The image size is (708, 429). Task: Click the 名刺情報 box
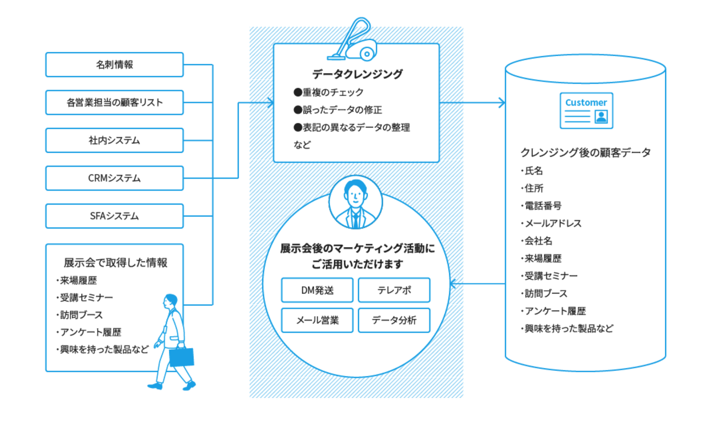(x=114, y=65)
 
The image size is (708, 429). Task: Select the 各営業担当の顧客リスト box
(x=114, y=103)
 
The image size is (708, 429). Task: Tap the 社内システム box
(x=114, y=140)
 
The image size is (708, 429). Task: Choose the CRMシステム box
(x=114, y=178)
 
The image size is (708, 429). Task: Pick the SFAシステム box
(x=114, y=216)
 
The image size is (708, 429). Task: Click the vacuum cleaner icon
(x=354, y=42)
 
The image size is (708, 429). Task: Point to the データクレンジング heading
(x=357, y=74)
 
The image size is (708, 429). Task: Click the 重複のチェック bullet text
(x=332, y=92)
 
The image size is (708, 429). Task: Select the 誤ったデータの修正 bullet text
(x=342, y=110)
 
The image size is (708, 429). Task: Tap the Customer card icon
(x=586, y=111)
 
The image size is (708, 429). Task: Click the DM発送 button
(x=317, y=290)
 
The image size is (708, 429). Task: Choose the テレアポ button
(x=394, y=290)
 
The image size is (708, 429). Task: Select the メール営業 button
(x=317, y=320)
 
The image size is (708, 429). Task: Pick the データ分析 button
(x=394, y=320)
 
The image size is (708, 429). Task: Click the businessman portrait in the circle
(x=355, y=202)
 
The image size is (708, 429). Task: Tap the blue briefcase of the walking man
(x=182, y=356)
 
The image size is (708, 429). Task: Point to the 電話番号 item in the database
(x=543, y=206)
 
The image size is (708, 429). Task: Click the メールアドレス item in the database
(x=552, y=224)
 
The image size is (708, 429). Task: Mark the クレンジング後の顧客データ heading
(x=585, y=153)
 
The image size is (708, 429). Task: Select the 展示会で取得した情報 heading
(x=115, y=263)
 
